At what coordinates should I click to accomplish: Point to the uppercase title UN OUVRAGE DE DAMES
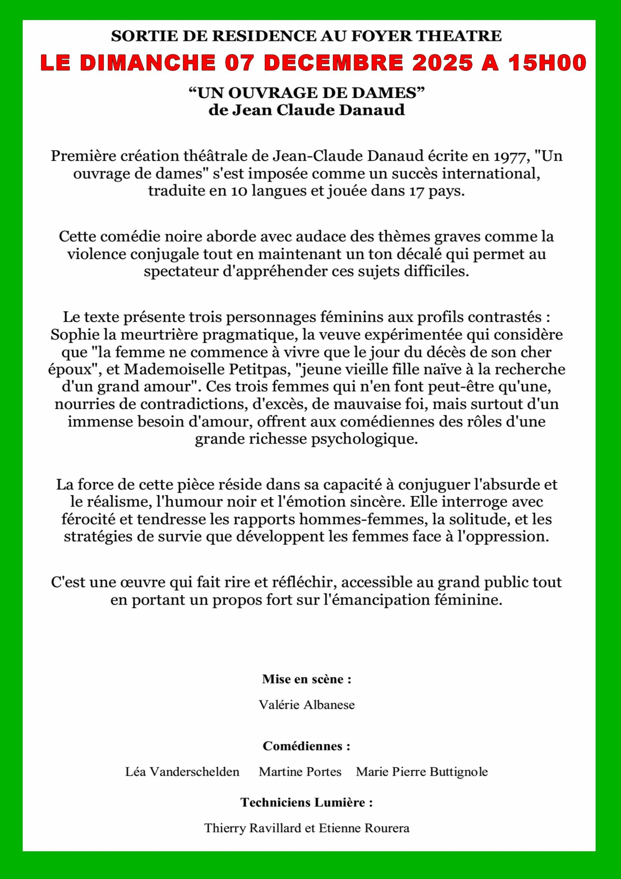[x=306, y=93]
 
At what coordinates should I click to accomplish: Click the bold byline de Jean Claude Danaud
[x=306, y=110]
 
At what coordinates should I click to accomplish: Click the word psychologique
[x=363, y=439]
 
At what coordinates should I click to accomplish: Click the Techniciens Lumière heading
[x=306, y=802]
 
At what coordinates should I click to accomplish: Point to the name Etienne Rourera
[x=364, y=828]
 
